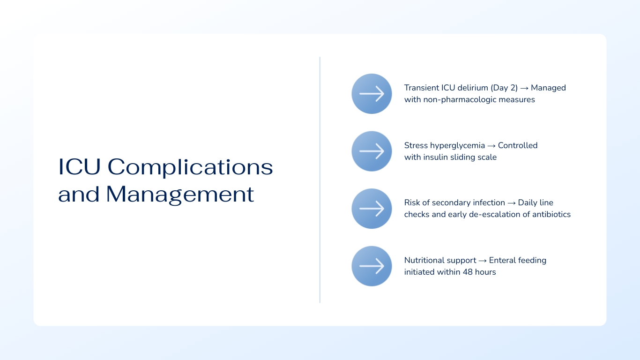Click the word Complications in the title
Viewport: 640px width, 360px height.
tap(190, 167)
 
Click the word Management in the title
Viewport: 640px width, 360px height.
tap(180, 194)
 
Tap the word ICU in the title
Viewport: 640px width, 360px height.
tap(79, 167)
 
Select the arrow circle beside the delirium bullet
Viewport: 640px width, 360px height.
tap(372, 94)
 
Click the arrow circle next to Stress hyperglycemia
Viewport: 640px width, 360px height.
tap(372, 151)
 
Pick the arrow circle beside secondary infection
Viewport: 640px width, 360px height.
tap(372, 209)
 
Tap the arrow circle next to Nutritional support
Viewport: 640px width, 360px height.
tap(372, 266)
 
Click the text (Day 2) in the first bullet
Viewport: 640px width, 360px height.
tap(504, 88)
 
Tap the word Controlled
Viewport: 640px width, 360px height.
tap(518, 145)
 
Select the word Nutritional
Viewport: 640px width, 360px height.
tap(424, 260)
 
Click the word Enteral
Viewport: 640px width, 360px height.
tap(503, 260)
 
